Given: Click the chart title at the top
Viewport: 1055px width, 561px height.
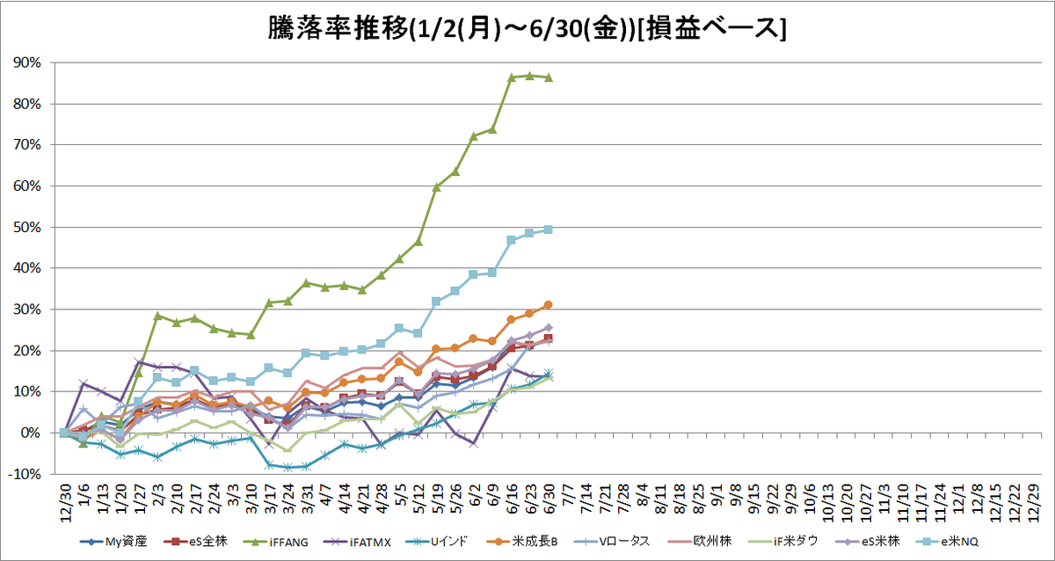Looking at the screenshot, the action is click(x=527, y=29).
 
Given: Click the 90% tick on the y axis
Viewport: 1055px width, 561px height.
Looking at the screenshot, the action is click(x=27, y=62).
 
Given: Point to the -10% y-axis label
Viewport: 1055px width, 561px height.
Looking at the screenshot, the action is click(x=25, y=474).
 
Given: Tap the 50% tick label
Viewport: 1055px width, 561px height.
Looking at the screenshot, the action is click(x=27, y=227).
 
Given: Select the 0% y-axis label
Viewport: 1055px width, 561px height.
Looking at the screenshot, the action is click(x=30, y=433).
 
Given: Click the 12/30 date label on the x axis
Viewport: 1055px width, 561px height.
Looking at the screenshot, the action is click(x=65, y=503).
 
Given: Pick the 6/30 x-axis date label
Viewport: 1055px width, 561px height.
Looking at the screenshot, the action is click(x=549, y=499).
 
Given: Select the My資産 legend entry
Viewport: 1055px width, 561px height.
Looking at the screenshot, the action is click(x=113, y=543).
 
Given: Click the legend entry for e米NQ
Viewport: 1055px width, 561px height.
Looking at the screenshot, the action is click(x=947, y=543).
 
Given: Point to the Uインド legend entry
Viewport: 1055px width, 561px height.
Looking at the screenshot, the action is click(x=437, y=543).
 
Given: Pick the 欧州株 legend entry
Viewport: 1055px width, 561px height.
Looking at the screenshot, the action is click(x=700, y=543).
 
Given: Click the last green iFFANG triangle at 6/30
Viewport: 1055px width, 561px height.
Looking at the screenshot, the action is click(x=549, y=77).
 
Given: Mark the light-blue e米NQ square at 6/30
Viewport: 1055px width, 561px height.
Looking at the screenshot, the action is click(x=549, y=229).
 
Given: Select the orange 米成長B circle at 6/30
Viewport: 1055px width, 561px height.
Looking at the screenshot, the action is click(x=549, y=305).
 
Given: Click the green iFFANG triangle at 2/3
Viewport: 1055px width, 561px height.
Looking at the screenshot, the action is click(x=157, y=316).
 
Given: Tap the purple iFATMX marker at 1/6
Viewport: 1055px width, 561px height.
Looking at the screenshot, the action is click(x=84, y=383).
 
